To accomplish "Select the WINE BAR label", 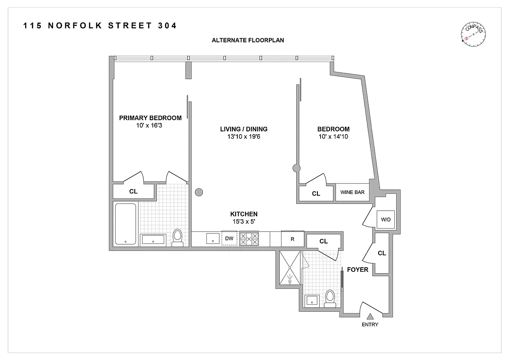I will [352, 193].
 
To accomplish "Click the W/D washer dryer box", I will [385, 220].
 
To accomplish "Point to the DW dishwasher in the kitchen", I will [229, 238].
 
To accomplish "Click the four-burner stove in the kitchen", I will [249, 238].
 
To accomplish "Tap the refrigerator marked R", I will [292, 239].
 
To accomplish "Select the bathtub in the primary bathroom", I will [125, 224].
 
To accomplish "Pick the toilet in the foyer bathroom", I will [330, 297].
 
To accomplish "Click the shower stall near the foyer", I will [290, 268].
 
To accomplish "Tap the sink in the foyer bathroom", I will [312, 301].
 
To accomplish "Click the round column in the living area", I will [199, 193].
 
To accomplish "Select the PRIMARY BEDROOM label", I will [150, 118].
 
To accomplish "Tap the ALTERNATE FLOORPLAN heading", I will [248, 40].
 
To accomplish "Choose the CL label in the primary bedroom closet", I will [133, 191].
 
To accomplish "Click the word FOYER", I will [357, 270].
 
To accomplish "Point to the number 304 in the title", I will [167, 26].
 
